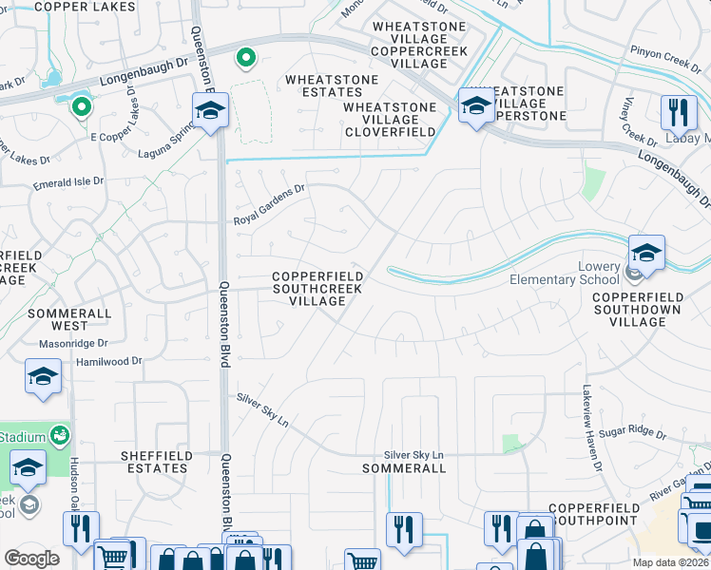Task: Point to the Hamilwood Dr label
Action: tap(109, 361)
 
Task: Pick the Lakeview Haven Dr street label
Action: tap(593, 428)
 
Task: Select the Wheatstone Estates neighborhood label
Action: tap(318, 86)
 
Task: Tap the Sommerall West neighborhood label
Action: tap(69, 318)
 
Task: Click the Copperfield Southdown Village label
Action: tap(637, 309)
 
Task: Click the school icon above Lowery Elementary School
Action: tap(646, 253)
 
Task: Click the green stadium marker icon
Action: tap(61, 435)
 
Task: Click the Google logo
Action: tap(31, 558)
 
